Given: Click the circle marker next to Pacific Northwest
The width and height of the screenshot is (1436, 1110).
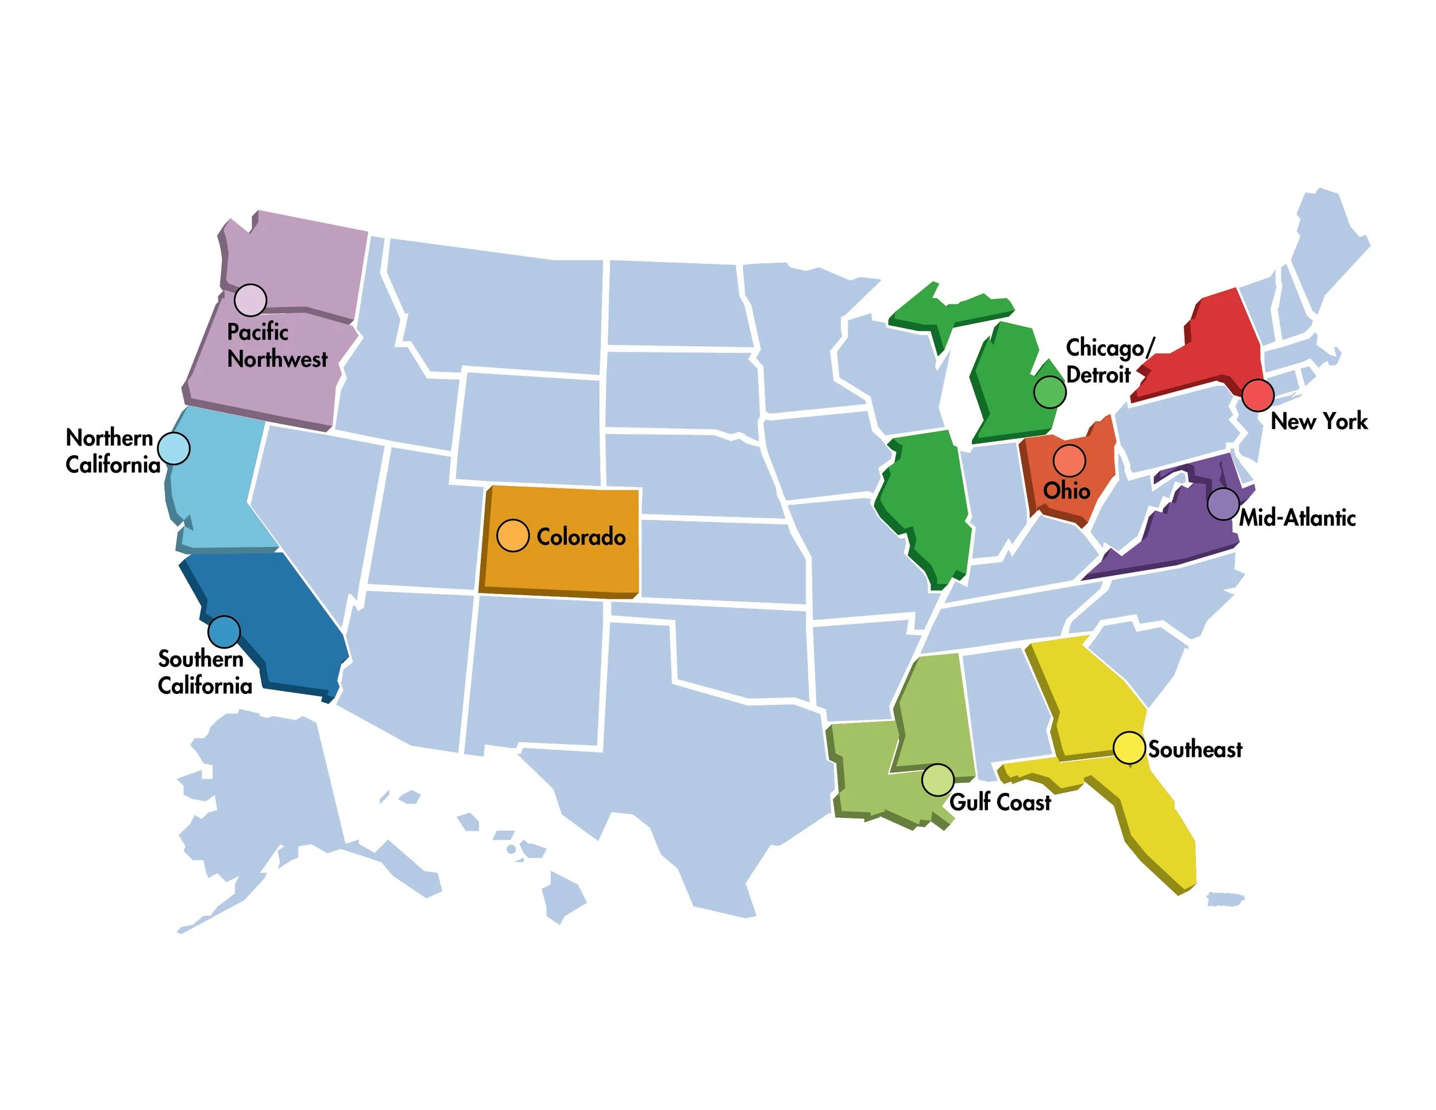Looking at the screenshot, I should point(250,300).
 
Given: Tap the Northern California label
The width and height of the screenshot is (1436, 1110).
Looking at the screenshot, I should point(113,451).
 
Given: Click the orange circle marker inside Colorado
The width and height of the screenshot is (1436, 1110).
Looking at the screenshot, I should point(513,535).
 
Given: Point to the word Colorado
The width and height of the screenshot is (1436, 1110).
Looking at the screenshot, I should point(581,537).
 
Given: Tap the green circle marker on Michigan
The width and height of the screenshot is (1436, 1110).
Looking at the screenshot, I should point(1049,392).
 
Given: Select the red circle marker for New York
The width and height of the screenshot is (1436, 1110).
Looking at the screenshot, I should point(1257,395).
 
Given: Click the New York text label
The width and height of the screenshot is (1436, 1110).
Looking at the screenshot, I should point(1318,422).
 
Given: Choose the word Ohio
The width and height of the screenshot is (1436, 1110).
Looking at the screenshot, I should point(1067,491).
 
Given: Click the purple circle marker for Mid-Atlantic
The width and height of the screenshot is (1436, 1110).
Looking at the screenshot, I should point(1223,504).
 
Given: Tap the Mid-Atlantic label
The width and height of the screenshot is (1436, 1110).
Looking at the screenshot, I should point(1297,518).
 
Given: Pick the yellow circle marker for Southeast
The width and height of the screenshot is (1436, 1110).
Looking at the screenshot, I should point(1129,748).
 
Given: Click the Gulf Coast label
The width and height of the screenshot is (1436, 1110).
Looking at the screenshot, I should point(999,802).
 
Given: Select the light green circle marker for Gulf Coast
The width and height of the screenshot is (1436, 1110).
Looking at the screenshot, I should point(937,780).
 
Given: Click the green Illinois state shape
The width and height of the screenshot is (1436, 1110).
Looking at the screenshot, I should point(927,500).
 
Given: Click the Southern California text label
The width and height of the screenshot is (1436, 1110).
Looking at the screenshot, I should point(204,673).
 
